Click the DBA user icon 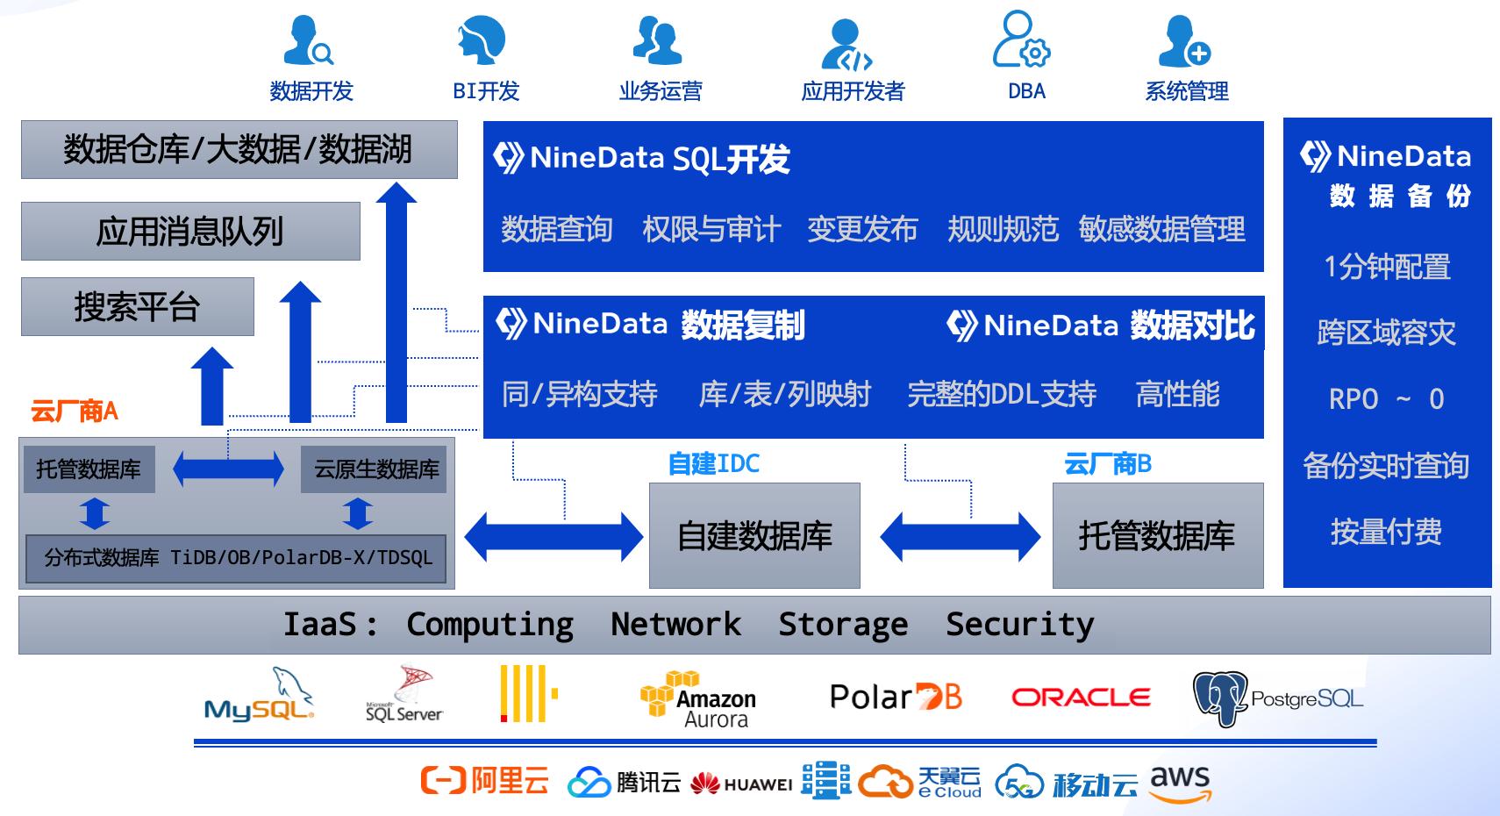pos(1021,39)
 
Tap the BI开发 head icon pos(482,39)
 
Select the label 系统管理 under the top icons pos(1186,91)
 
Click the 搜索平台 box pos(137,307)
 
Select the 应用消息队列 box pos(190,232)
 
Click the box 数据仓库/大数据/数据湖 pos(239,150)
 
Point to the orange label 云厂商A pos(75,411)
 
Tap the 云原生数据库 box pos(375,469)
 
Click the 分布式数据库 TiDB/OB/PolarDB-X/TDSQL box pos(237,558)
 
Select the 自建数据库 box pos(754,535)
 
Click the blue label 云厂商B pos(1107,463)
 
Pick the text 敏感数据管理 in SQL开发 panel pos(1161,230)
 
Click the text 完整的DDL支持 pos(1001,394)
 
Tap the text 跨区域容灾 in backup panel pos(1386,333)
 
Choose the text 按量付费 pos(1386,531)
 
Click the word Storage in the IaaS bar pos(843,625)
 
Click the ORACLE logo pos(1081,698)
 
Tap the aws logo pos(1180,783)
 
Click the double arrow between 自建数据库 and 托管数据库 pos(960,536)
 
